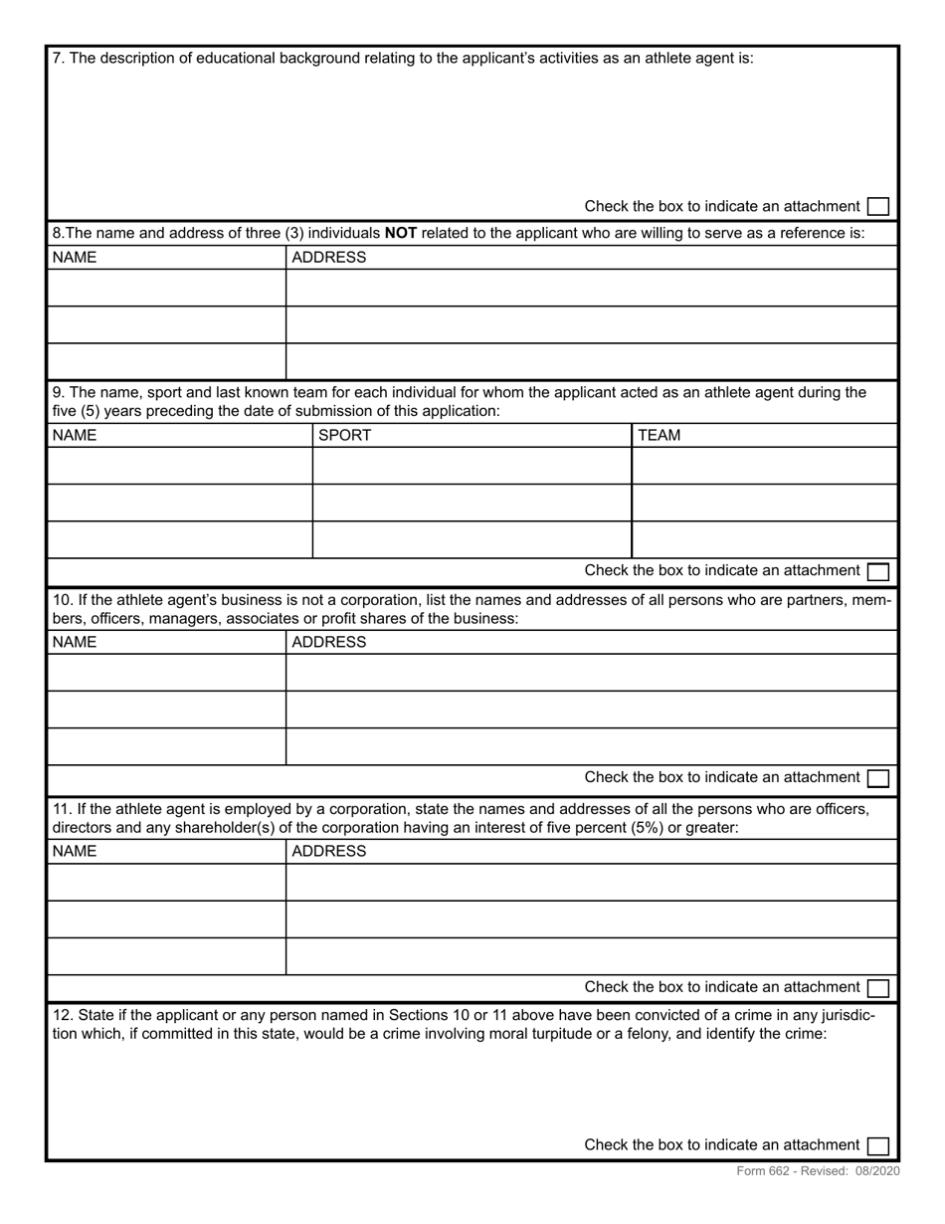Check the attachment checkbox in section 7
click(877, 206)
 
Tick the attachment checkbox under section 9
click(877, 571)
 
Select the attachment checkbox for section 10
click(877, 777)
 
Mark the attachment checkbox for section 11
click(877, 987)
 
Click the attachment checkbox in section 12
click(877, 1145)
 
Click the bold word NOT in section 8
click(400, 234)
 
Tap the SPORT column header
click(344, 435)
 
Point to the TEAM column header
click(659, 435)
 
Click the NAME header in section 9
click(75, 435)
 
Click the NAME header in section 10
click(75, 642)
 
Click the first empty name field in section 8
click(166, 288)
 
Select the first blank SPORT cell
click(472, 466)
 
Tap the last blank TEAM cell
click(764, 539)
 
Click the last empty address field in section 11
click(591, 956)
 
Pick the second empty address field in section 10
click(591, 710)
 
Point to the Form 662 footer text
click(818, 1171)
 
